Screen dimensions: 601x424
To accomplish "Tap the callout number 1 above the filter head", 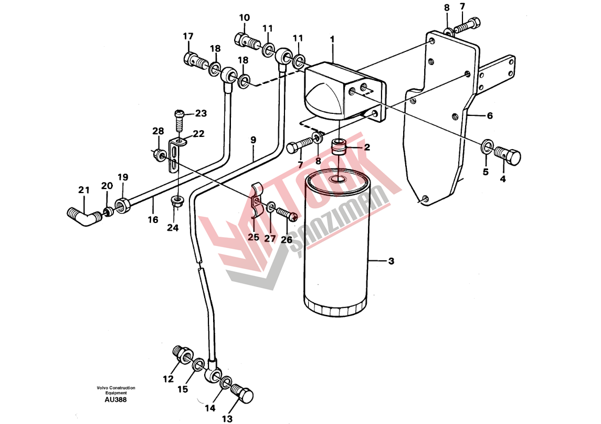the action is click(332, 39).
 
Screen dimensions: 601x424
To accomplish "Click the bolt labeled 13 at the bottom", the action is click(242, 394).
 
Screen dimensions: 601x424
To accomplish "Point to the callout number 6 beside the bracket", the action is click(490, 115).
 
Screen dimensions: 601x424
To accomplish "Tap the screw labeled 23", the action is click(180, 120).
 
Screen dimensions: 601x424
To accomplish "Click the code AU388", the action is click(115, 400).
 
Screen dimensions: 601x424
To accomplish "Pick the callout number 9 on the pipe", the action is click(253, 140).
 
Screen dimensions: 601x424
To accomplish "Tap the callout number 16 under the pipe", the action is click(153, 220).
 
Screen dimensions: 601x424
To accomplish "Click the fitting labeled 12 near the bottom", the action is click(183, 355).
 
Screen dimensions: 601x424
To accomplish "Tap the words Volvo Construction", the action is click(116, 388).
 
